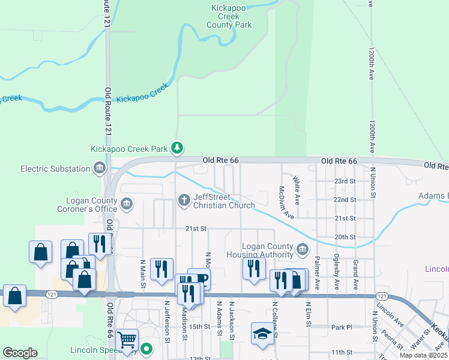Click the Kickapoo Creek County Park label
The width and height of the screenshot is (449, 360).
[229, 17]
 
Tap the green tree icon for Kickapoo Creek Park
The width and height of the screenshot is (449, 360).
[176, 148]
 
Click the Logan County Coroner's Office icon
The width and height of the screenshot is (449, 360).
[127, 205]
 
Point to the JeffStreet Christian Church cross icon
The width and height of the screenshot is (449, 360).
[184, 199]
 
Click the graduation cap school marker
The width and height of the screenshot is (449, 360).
[262, 333]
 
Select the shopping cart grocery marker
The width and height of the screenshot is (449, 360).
[127, 339]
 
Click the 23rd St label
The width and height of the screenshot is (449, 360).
[345, 181]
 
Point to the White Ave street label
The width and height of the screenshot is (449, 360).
[296, 188]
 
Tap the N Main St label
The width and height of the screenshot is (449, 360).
[143, 273]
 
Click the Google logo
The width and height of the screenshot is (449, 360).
[20, 353]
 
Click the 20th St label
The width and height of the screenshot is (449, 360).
[345, 237]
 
